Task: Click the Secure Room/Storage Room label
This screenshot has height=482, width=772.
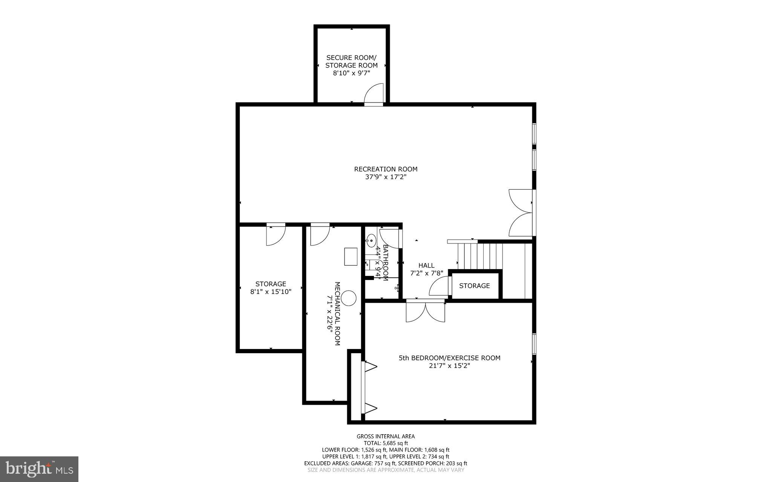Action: click(x=351, y=61)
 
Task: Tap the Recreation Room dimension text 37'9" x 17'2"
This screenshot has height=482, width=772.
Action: click(x=386, y=177)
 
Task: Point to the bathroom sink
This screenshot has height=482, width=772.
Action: click(x=371, y=240)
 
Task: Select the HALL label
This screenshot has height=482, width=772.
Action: click(x=426, y=265)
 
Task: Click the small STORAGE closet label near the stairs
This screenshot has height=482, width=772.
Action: click(x=474, y=286)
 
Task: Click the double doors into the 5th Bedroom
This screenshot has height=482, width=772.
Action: click(x=425, y=312)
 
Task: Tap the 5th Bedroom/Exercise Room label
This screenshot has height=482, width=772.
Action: click(x=449, y=358)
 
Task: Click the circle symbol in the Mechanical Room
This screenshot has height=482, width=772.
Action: click(x=349, y=298)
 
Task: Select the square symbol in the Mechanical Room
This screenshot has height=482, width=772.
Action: click(x=351, y=257)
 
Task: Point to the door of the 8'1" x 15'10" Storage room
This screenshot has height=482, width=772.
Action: click(x=275, y=235)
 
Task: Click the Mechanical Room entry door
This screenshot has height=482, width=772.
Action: click(x=320, y=235)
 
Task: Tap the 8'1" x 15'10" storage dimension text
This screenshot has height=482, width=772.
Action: click(x=271, y=291)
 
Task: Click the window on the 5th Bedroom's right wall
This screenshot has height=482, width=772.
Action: click(x=534, y=343)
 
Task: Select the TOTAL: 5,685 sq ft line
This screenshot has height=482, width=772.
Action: click(x=386, y=443)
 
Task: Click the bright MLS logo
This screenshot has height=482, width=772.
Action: click(x=39, y=468)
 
